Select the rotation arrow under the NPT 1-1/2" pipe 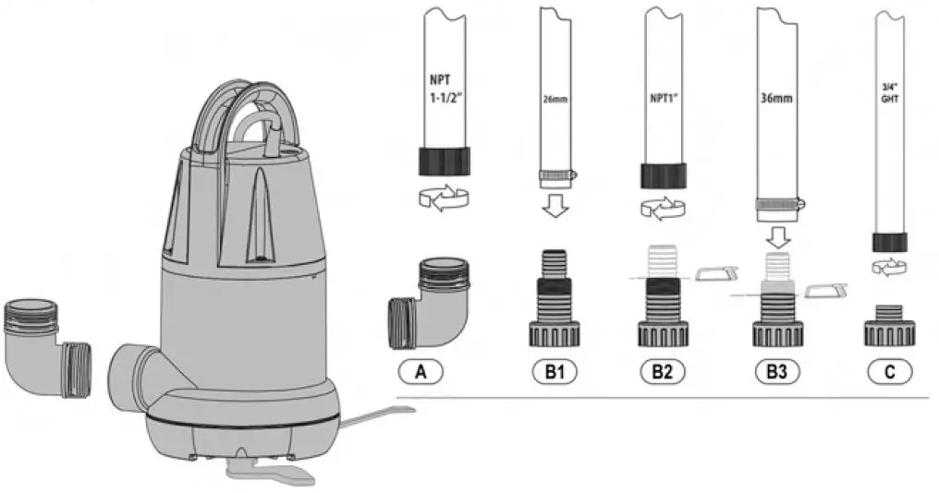(442, 198)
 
